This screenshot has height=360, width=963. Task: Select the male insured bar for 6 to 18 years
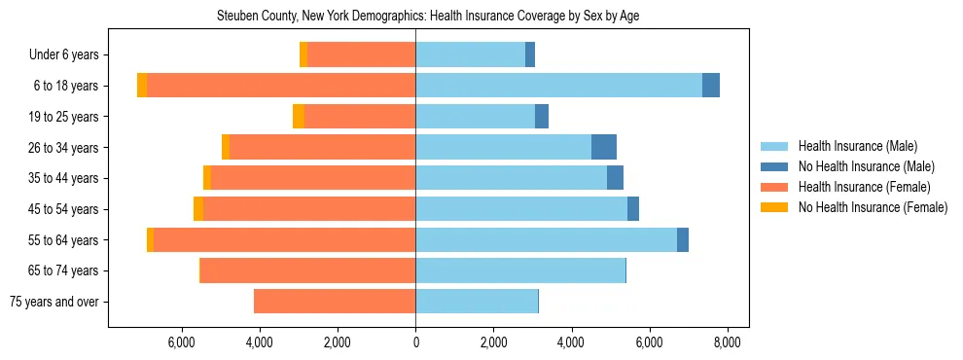tap(558, 86)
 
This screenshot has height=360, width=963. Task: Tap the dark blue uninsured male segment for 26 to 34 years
tap(604, 147)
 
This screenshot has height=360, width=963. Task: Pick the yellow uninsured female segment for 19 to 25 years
tap(299, 117)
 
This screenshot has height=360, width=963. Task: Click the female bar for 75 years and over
tap(335, 302)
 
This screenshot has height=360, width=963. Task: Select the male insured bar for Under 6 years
tap(470, 54)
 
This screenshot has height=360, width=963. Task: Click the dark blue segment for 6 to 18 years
tap(711, 86)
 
